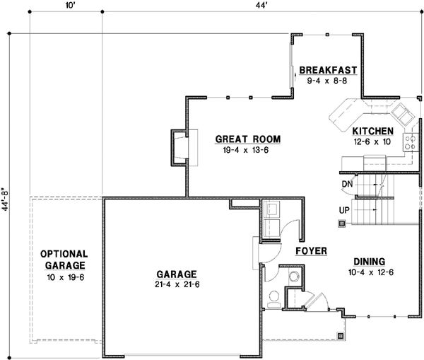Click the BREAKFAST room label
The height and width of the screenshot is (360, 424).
(328, 70)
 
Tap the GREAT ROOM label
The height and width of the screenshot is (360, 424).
(248, 139)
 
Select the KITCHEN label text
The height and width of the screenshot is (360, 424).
(373, 132)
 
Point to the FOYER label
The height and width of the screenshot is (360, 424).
(311, 251)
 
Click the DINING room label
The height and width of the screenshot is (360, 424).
(370, 262)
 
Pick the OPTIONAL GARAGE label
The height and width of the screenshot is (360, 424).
(64, 260)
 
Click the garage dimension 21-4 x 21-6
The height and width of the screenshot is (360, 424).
(177, 285)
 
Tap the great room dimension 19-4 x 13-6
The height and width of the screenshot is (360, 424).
(246, 150)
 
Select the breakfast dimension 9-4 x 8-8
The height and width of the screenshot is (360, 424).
(327, 81)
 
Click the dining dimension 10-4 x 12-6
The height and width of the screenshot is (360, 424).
(371, 272)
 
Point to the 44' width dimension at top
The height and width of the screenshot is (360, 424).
(261, 6)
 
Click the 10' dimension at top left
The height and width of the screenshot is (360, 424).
(70, 6)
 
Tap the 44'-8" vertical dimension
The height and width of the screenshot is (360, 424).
(6, 199)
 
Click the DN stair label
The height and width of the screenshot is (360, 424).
(348, 184)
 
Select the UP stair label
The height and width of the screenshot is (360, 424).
(344, 210)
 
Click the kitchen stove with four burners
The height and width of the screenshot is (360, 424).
(410, 142)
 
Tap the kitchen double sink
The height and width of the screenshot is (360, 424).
(404, 115)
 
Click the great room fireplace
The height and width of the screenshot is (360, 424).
(179, 148)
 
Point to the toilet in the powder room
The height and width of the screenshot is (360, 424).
(274, 299)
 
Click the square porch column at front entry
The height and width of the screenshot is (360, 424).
(341, 336)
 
